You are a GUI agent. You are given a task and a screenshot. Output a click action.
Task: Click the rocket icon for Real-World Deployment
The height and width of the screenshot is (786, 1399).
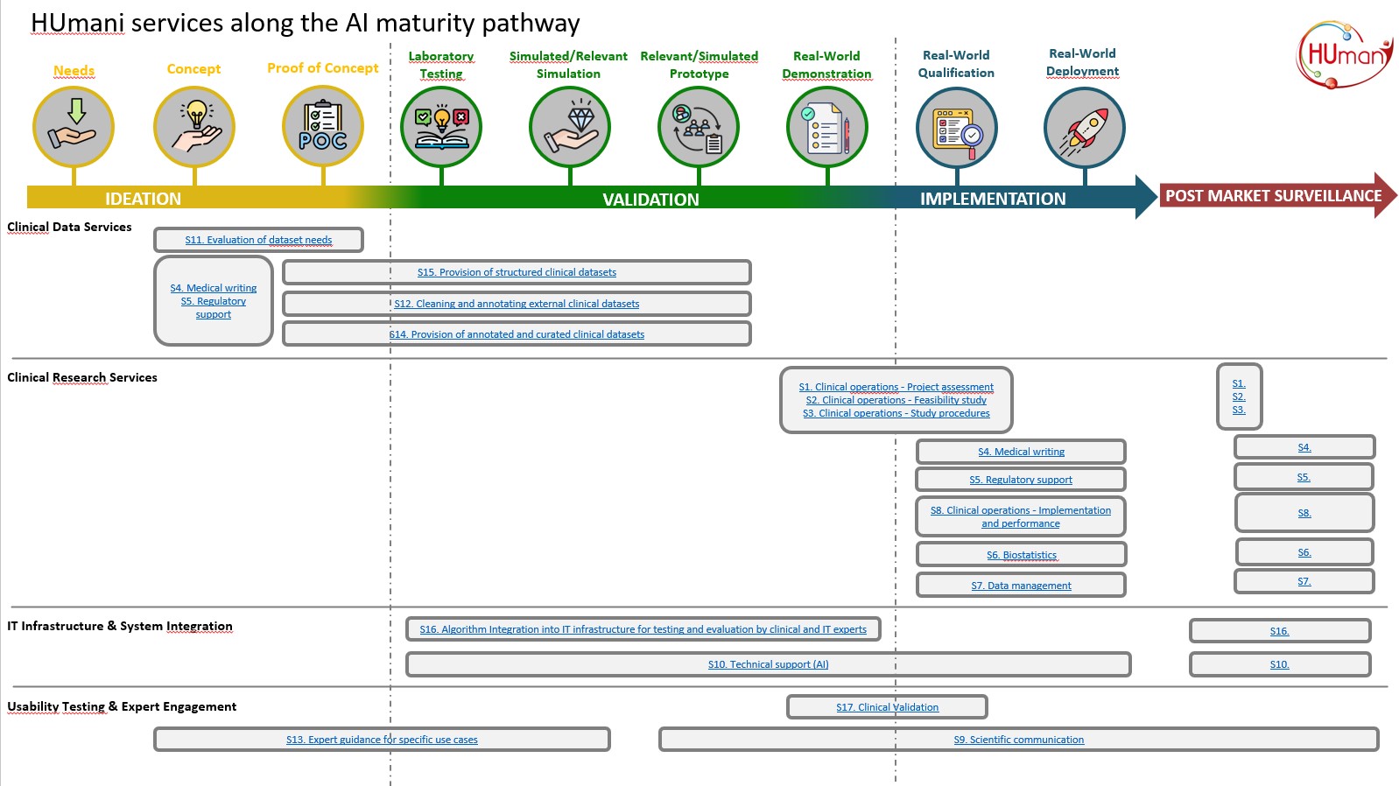[x=1084, y=128]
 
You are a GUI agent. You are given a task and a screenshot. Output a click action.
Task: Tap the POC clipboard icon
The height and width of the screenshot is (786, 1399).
[x=323, y=126]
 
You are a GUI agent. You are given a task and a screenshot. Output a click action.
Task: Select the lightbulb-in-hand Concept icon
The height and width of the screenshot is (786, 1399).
[x=194, y=127]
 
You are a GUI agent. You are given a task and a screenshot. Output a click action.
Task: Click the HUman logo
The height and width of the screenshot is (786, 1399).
[x=1345, y=54]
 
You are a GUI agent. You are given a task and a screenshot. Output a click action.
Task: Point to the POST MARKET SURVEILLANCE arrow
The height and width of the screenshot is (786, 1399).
[x=1274, y=196]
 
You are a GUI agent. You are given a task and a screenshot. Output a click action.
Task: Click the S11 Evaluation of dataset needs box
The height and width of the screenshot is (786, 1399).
[x=258, y=240]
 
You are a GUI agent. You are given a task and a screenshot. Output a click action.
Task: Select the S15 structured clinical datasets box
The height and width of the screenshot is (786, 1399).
[x=517, y=272]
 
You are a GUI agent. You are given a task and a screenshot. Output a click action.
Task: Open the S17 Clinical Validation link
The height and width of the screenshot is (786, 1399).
[x=887, y=707]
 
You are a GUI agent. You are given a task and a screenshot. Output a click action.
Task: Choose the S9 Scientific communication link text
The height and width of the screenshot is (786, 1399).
[x=1018, y=740]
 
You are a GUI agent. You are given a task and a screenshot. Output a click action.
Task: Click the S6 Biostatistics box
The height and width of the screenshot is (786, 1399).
[x=1021, y=555]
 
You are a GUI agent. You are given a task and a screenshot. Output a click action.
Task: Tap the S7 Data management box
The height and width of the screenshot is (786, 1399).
[x=1021, y=586]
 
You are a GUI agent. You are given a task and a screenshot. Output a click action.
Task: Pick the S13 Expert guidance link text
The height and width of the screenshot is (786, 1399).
[x=382, y=740]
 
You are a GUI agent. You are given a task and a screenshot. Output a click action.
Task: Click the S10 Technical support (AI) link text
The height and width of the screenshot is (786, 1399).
[x=768, y=664]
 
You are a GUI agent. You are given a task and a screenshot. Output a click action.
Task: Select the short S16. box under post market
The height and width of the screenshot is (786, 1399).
[x=1279, y=631]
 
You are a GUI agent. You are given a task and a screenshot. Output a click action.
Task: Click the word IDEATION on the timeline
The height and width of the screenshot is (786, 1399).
[x=143, y=199]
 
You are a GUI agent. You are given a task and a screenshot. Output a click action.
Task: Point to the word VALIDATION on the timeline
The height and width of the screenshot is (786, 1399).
[x=650, y=200]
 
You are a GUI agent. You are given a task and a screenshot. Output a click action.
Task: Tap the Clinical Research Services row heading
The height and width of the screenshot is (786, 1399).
[x=82, y=377]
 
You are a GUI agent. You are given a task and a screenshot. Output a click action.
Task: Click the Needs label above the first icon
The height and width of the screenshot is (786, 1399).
[x=74, y=70]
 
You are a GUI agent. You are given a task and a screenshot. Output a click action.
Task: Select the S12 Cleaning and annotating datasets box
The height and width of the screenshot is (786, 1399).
[x=517, y=304]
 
